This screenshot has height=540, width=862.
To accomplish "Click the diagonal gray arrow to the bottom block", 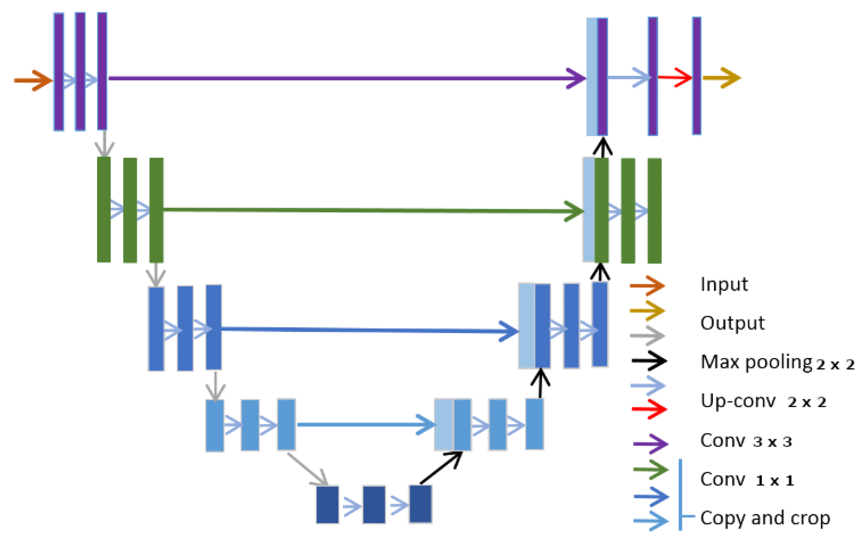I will (x=307, y=469).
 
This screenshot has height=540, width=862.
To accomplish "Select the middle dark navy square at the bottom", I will (x=374, y=504).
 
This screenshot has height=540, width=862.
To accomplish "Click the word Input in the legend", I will (x=724, y=285).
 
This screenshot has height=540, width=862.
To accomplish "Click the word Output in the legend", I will (x=732, y=323).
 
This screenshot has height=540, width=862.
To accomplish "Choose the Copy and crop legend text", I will (x=764, y=518).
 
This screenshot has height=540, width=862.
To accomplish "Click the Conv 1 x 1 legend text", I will (x=747, y=479).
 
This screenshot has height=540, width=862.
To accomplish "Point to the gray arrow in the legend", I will (x=647, y=336).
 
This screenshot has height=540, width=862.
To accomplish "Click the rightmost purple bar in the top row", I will (x=696, y=76).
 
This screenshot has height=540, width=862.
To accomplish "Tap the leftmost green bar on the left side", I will (x=103, y=210).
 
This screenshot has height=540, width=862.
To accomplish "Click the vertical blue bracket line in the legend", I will (x=680, y=495).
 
